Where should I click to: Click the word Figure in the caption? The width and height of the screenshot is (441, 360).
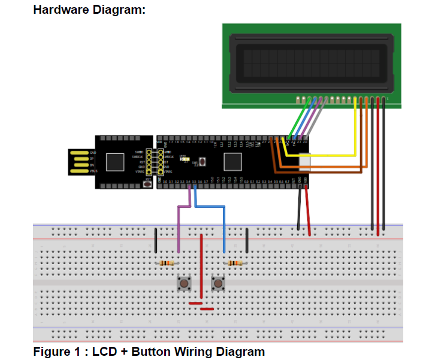point(50,352)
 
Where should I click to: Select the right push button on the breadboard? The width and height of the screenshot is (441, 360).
point(219,283)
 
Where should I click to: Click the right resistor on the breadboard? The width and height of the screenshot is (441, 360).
point(235,263)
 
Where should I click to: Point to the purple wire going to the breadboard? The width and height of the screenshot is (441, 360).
point(179,228)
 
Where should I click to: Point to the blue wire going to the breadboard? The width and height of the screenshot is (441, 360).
point(225,228)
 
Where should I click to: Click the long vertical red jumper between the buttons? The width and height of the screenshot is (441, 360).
point(201,264)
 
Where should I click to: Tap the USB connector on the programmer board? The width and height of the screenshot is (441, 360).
point(81,162)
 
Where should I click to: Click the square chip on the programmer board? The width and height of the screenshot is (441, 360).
point(115,162)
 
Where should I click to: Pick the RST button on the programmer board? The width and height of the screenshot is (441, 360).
point(147,184)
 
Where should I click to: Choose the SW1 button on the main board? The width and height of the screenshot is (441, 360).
point(203,161)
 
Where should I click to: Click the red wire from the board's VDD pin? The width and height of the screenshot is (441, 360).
point(308,213)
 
